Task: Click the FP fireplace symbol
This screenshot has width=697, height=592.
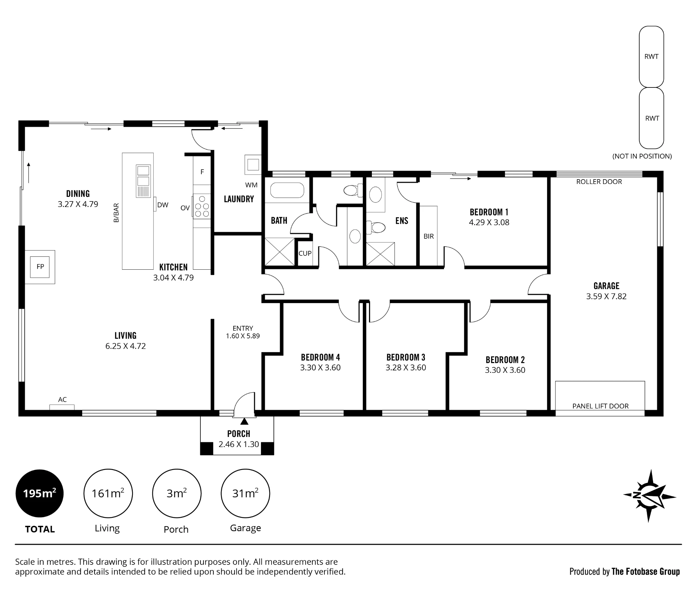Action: click(x=40, y=267)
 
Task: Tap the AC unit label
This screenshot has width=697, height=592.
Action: click(x=62, y=400)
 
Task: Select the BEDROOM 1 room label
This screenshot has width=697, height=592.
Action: click(x=489, y=212)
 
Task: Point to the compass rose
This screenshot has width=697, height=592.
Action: click(x=649, y=495)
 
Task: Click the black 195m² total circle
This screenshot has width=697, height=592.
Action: click(x=40, y=493)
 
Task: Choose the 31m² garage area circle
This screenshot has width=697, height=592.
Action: click(x=245, y=493)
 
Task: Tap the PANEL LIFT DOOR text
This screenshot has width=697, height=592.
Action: click(x=600, y=406)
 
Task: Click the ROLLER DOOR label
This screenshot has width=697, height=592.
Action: click(x=599, y=182)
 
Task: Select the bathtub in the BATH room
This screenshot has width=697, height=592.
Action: click(x=287, y=191)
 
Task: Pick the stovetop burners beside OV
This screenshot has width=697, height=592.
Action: click(x=202, y=206)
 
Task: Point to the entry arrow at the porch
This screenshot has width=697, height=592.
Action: click(x=244, y=421)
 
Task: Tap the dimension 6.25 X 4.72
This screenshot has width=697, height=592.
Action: click(x=125, y=346)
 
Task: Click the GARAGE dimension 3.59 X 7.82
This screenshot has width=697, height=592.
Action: click(x=606, y=296)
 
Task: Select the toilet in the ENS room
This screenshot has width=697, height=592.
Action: click(x=376, y=228)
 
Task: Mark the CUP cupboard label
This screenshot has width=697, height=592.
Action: click(x=305, y=253)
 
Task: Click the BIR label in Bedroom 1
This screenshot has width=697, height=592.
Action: click(x=429, y=236)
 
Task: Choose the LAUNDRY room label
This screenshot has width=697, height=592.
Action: click(x=239, y=199)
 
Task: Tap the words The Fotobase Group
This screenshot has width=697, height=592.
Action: click(x=646, y=571)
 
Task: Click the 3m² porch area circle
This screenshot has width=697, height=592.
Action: click(x=177, y=493)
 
